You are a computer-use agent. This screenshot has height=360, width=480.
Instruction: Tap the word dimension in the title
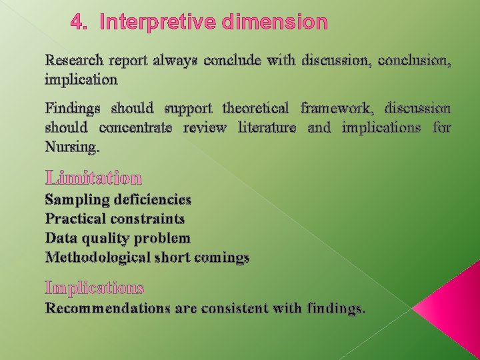(x=276, y=23)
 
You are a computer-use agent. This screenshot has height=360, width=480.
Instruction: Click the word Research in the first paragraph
(x=73, y=60)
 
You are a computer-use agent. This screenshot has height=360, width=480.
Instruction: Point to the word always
(x=176, y=60)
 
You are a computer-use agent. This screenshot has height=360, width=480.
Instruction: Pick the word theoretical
(x=255, y=108)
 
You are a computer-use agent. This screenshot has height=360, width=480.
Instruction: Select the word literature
(x=267, y=127)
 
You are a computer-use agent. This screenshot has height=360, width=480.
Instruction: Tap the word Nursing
(x=72, y=147)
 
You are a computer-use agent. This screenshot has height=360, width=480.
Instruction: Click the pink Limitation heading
(x=93, y=178)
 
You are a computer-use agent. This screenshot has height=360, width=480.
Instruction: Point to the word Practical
(x=77, y=219)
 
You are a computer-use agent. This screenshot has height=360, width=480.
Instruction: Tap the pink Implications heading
(x=94, y=288)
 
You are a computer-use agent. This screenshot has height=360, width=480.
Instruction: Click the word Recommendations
(x=105, y=308)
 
